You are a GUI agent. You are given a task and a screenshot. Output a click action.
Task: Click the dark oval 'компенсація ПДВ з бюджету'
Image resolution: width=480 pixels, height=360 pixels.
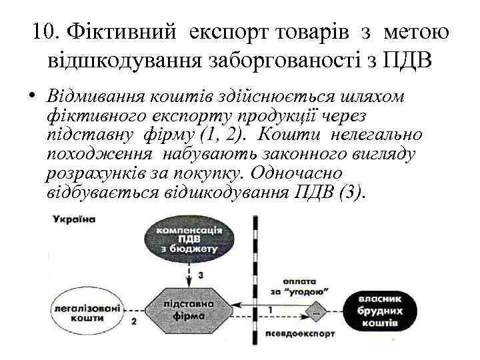pyautogui.click(x=190, y=239)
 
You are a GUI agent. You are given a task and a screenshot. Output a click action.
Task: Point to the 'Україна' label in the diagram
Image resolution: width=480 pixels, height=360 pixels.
pyautogui.click(x=75, y=219)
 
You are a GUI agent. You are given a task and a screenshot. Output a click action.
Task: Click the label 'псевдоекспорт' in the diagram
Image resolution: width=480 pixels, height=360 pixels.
pyautogui.click(x=291, y=333)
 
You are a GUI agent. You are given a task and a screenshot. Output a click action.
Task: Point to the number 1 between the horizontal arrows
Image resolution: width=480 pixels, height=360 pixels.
pyautogui.click(x=270, y=310)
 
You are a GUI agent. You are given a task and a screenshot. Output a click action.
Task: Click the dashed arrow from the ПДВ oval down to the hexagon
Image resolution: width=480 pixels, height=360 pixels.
pyautogui.click(x=191, y=273)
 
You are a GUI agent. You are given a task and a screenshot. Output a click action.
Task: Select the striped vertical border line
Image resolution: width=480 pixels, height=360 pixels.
pyautogui.click(x=256, y=280)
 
